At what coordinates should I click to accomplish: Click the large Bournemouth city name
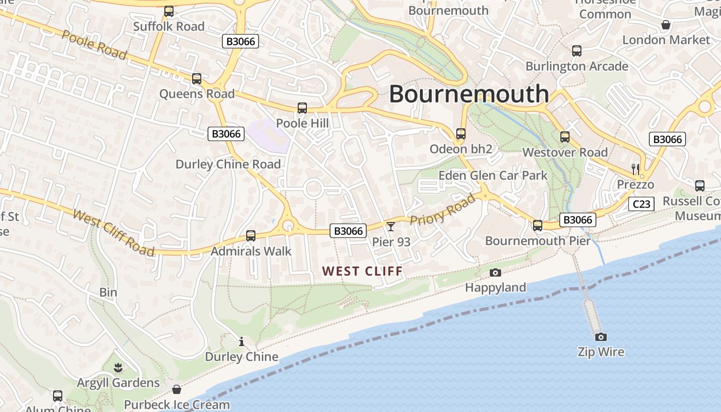coord(469,94)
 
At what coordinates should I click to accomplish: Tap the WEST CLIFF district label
coord(363,271)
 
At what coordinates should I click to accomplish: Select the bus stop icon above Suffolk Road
coord(169,11)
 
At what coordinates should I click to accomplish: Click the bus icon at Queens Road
coord(197,79)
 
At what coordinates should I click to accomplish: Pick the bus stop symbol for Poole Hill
coord(302,108)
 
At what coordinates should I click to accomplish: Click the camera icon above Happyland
coord(495,272)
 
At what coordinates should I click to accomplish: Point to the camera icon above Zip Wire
coord(600,337)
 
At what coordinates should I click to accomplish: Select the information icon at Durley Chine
coord(241,341)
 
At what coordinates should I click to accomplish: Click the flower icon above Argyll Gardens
coord(118,368)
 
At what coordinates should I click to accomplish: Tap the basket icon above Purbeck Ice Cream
coord(177,389)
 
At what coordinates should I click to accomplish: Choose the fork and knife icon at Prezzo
coord(636,169)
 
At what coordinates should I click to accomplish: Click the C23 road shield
coord(641,204)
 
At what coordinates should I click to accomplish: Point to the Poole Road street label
coord(94,44)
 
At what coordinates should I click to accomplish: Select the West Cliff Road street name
coord(114,232)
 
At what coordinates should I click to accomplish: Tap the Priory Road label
coord(443,210)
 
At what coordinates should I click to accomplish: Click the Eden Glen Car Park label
coord(493,175)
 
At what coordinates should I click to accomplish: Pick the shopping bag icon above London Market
coord(666,25)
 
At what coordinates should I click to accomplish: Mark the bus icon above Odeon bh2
coord(461,134)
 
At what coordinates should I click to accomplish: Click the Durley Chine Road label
coord(228,164)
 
